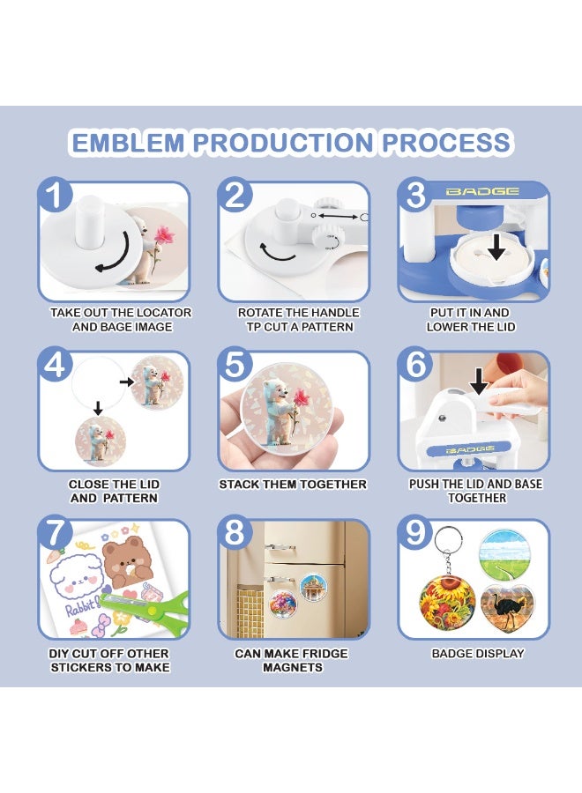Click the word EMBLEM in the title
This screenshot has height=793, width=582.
pos(129,142)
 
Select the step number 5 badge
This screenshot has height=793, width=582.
pos(235,364)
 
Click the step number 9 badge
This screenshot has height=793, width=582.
pos(414,532)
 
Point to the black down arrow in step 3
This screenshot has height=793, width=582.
pos(496,248)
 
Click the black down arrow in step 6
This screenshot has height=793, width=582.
pos(479,382)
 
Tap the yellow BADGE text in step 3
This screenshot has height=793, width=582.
pos(482,191)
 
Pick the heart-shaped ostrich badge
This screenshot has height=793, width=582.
pos(506,608)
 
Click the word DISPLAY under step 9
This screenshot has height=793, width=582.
pos(501,654)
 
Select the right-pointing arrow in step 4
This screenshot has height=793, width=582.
pos(125,382)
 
